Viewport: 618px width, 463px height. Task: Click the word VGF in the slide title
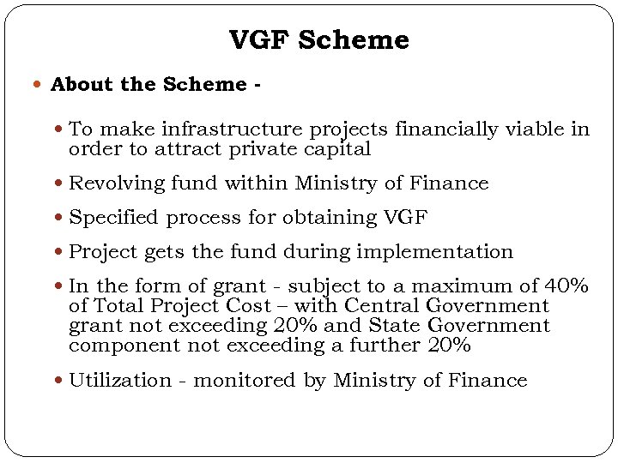point(256,40)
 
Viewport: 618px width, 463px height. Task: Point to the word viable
point(531,129)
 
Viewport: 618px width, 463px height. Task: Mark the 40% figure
point(569,286)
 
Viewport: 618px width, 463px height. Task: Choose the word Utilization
point(120,381)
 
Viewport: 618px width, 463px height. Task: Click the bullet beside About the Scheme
point(41,85)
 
